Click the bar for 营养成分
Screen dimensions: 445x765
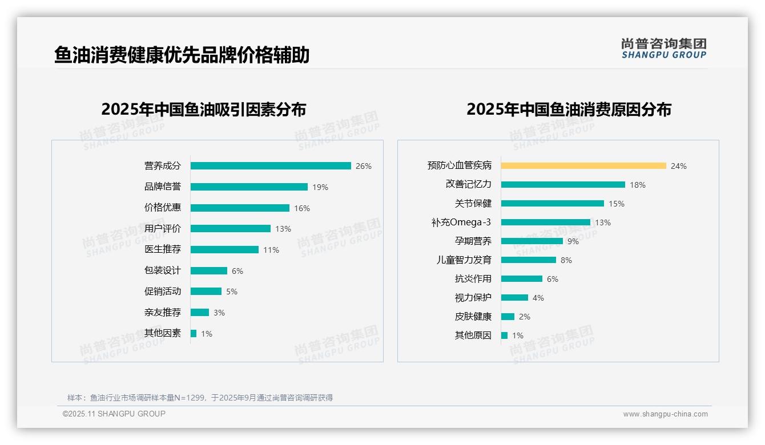(271, 166)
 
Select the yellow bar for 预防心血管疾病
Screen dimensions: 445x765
(583, 166)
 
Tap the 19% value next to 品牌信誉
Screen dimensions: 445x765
(320, 187)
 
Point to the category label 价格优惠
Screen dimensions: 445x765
(163, 208)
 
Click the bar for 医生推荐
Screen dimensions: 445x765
(224, 250)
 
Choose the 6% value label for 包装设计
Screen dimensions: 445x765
(237, 271)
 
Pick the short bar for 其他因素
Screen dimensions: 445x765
(194, 334)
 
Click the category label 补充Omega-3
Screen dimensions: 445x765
(461, 222)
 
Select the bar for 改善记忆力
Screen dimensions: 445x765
(563, 185)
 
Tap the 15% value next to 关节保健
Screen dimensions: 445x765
(617, 204)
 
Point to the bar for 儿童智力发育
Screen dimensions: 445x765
(528, 260)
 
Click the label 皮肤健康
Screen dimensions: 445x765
(473, 317)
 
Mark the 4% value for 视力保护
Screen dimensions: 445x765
(538, 298)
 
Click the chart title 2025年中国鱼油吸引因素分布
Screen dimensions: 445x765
(204, 110)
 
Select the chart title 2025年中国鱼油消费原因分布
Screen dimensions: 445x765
(569, 110)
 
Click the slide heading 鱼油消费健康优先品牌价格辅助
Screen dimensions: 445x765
(182, 55)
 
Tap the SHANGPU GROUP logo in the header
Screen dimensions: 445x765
(664, 48)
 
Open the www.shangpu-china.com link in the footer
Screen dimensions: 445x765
(665, 414)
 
